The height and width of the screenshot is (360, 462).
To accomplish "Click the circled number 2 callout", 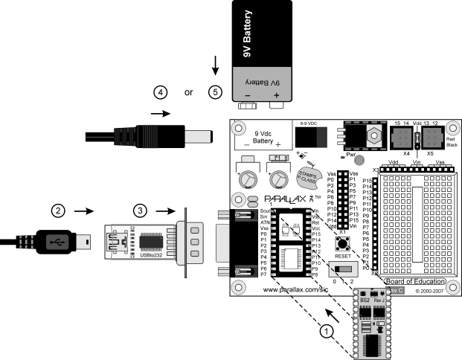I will click(x=56, y=210).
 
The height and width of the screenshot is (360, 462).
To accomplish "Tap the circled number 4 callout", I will click(x=158, y=91).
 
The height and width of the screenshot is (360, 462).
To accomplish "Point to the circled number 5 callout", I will click(x=216, y=91).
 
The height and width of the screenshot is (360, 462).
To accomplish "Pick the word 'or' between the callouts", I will click(x=189, y=92).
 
